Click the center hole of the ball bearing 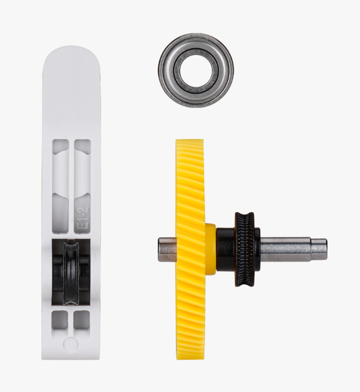196,70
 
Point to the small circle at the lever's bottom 71,343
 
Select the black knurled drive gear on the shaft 244,248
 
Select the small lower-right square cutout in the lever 82,319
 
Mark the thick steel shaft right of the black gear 284,248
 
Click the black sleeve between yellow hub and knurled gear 225,248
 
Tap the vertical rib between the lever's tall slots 71,183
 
